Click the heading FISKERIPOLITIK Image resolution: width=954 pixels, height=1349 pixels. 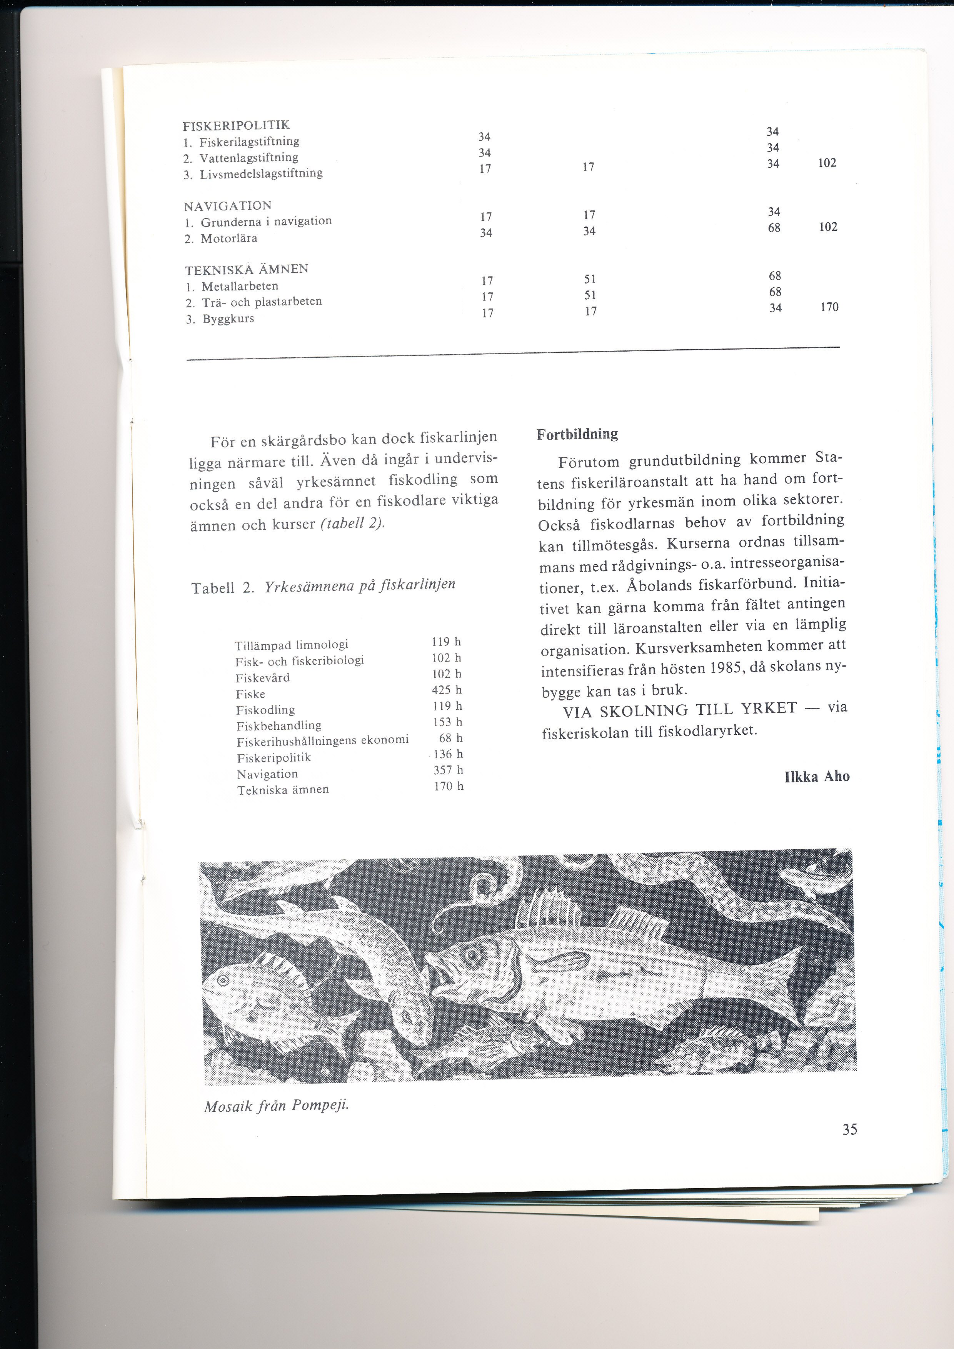(236, 125)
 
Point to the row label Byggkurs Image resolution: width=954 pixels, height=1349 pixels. (228, 318)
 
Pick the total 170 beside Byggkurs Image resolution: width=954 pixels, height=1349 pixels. (829, 307)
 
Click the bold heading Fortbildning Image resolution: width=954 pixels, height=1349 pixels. (577, 434)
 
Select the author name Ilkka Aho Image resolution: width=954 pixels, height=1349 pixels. (817, 776)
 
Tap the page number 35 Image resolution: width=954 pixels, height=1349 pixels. (849, 1129)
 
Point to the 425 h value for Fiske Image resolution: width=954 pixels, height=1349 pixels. (447, 690)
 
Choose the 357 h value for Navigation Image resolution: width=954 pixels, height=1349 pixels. (448, 770)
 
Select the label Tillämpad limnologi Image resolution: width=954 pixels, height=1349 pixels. (291, 645)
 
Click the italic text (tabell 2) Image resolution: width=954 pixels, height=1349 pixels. (352, 523)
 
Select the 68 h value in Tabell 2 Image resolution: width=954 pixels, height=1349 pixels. (450, 738)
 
